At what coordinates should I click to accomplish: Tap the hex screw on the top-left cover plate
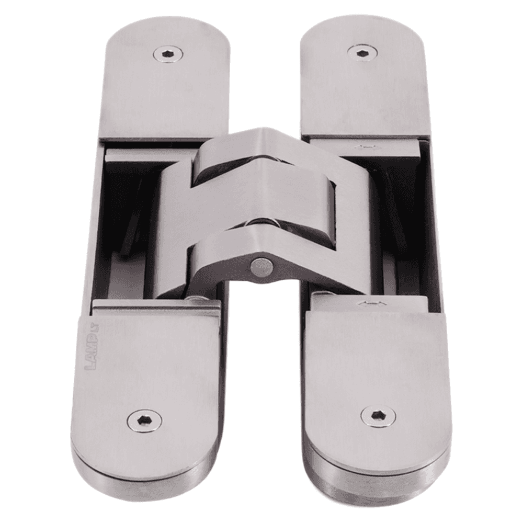point(168,54)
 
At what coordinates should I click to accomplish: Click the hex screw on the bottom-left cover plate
point(144,420)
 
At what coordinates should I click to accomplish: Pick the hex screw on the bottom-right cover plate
point(378,416)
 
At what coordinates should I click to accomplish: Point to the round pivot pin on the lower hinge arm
point(261,267)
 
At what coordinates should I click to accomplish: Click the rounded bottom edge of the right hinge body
point(377,486)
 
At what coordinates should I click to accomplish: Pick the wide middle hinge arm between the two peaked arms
point(261,199)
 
